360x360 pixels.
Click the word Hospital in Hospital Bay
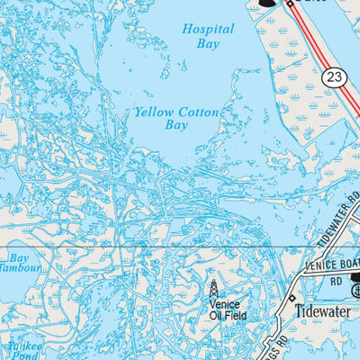point(208,29)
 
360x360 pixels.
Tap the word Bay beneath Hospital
point(208,43)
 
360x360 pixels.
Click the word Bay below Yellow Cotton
point(176,127)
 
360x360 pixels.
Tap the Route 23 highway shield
point(335,78)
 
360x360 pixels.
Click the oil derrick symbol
point(213,289)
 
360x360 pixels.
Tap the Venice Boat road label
point(330,264)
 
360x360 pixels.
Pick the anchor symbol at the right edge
point(355,292)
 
